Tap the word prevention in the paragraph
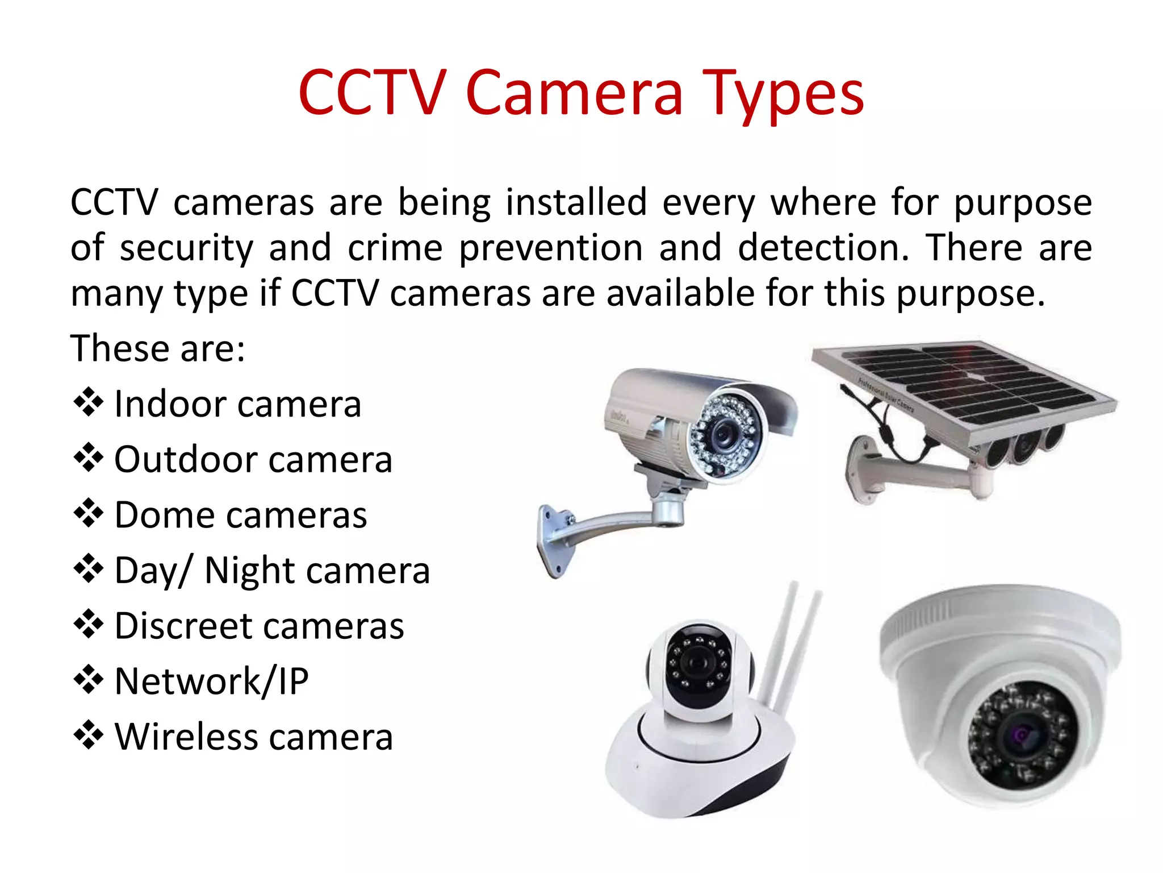click(x=550, y=248)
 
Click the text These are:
click(x=158, y=348)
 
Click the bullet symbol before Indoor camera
click(x=89, y=403)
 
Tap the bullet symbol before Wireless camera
click(x=89, y=735)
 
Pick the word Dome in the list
click(x=164, y=515)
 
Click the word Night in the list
click(x=250, y=571)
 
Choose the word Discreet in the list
click(x=190, y=626)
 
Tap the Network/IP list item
click(x=211, y=681)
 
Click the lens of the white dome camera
click(x=1020, y=737)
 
